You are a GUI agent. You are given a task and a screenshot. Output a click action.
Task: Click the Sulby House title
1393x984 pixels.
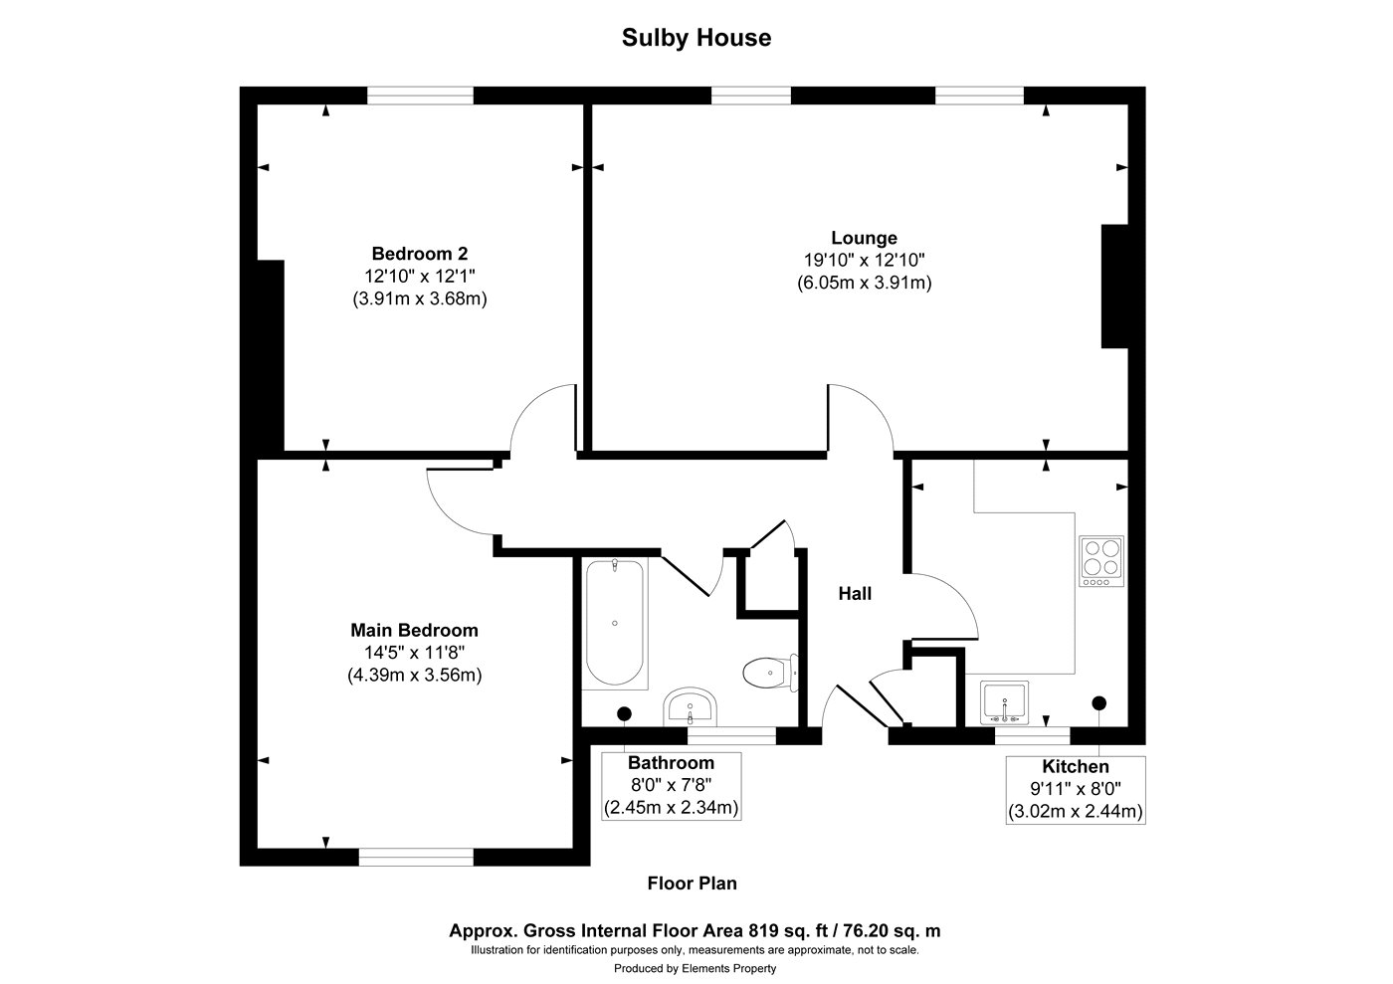696,38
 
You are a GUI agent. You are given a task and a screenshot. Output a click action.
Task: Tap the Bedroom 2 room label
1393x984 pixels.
419,253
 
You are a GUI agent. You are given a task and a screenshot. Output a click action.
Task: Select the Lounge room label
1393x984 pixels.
864,238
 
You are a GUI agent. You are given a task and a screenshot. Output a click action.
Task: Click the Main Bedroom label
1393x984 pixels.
414,630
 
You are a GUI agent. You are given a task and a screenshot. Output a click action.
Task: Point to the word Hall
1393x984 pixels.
855,594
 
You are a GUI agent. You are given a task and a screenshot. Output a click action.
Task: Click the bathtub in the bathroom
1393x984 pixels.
615,623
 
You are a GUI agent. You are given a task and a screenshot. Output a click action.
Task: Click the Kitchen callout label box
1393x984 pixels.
1075,789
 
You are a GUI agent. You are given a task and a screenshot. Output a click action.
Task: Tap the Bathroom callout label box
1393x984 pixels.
671,785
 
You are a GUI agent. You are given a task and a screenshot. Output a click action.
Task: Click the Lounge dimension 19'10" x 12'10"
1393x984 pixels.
864,260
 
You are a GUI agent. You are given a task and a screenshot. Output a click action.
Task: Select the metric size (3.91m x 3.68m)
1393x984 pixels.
419,297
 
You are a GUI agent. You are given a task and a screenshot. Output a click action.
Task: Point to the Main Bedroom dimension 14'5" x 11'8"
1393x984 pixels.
414,653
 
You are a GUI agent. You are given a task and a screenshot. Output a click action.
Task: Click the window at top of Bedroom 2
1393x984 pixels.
420,96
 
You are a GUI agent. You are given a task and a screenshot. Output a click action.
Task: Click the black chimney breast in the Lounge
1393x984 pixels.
1114,287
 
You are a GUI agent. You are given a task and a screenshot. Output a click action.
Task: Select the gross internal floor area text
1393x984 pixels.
695,931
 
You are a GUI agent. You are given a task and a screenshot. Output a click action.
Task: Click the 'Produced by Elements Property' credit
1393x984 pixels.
695,968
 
